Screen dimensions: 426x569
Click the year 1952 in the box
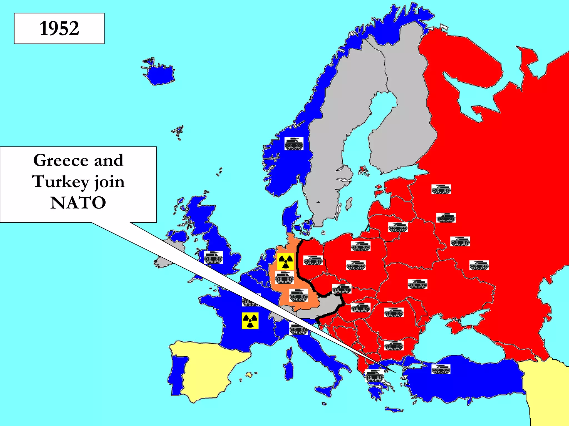pyautogui.click(x=59, y=28)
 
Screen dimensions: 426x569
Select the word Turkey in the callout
pyautogui.click(x=60, y=182)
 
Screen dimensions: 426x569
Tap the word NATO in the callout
pyautogui.click(x=78, y=203)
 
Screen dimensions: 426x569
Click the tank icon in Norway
pyautogui.click(x=294, y=144)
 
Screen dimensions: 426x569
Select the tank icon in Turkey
pyautogui.click(x=441, y=369)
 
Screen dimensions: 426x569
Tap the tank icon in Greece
pyautogui.click(x=374, y=376)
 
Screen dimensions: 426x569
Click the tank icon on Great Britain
pyautogui.click(x=213, y=257)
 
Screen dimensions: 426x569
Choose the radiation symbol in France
pyautogui.click(x=250, y=321)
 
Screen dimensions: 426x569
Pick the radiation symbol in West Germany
pyautogui.click(x=286, y=261)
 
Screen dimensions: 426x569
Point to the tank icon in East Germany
pyautogui.click(x=313, y=260)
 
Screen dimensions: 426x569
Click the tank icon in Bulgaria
pyautogui.click(x=394, y=346)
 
